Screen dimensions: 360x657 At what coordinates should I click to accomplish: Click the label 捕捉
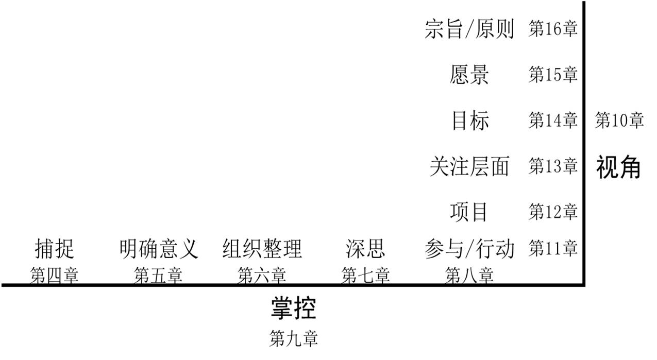click(x=55, y=249)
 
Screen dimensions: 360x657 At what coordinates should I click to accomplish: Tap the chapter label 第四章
click(x=55, y=276)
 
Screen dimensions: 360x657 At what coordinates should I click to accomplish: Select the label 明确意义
click(x=159, y=249)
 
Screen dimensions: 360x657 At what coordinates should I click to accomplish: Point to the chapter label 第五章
click(x=159, y=276)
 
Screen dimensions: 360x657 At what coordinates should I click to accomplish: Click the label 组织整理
click(x=262, y=249)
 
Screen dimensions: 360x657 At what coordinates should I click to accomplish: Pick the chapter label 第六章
click(x=262, y=276)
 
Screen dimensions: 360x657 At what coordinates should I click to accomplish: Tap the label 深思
click(x=366, y=249)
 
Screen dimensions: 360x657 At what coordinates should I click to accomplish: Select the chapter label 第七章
click(x=366, y=276)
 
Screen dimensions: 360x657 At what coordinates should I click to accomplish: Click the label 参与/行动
click(x=469, y=249)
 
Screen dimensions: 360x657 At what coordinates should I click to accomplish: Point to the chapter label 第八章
click(x=469, y=276)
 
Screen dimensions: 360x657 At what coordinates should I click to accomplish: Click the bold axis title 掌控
click(x=294, y=308)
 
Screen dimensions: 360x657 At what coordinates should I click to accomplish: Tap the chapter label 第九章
click(x=294, y=338)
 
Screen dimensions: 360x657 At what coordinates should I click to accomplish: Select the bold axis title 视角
click(x=619, y=167)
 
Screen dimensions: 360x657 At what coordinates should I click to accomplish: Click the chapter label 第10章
click(x=619, y=121)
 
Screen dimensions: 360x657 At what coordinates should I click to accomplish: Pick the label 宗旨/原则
click(x=469, y=29)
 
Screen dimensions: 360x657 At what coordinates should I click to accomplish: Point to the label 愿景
click(x=469, y=75)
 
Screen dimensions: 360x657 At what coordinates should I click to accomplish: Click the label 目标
click(x=469, y=121)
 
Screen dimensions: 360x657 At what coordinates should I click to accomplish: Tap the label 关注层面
click(x=469, y=166)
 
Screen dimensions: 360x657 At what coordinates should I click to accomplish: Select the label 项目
click(x=469, y=211)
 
